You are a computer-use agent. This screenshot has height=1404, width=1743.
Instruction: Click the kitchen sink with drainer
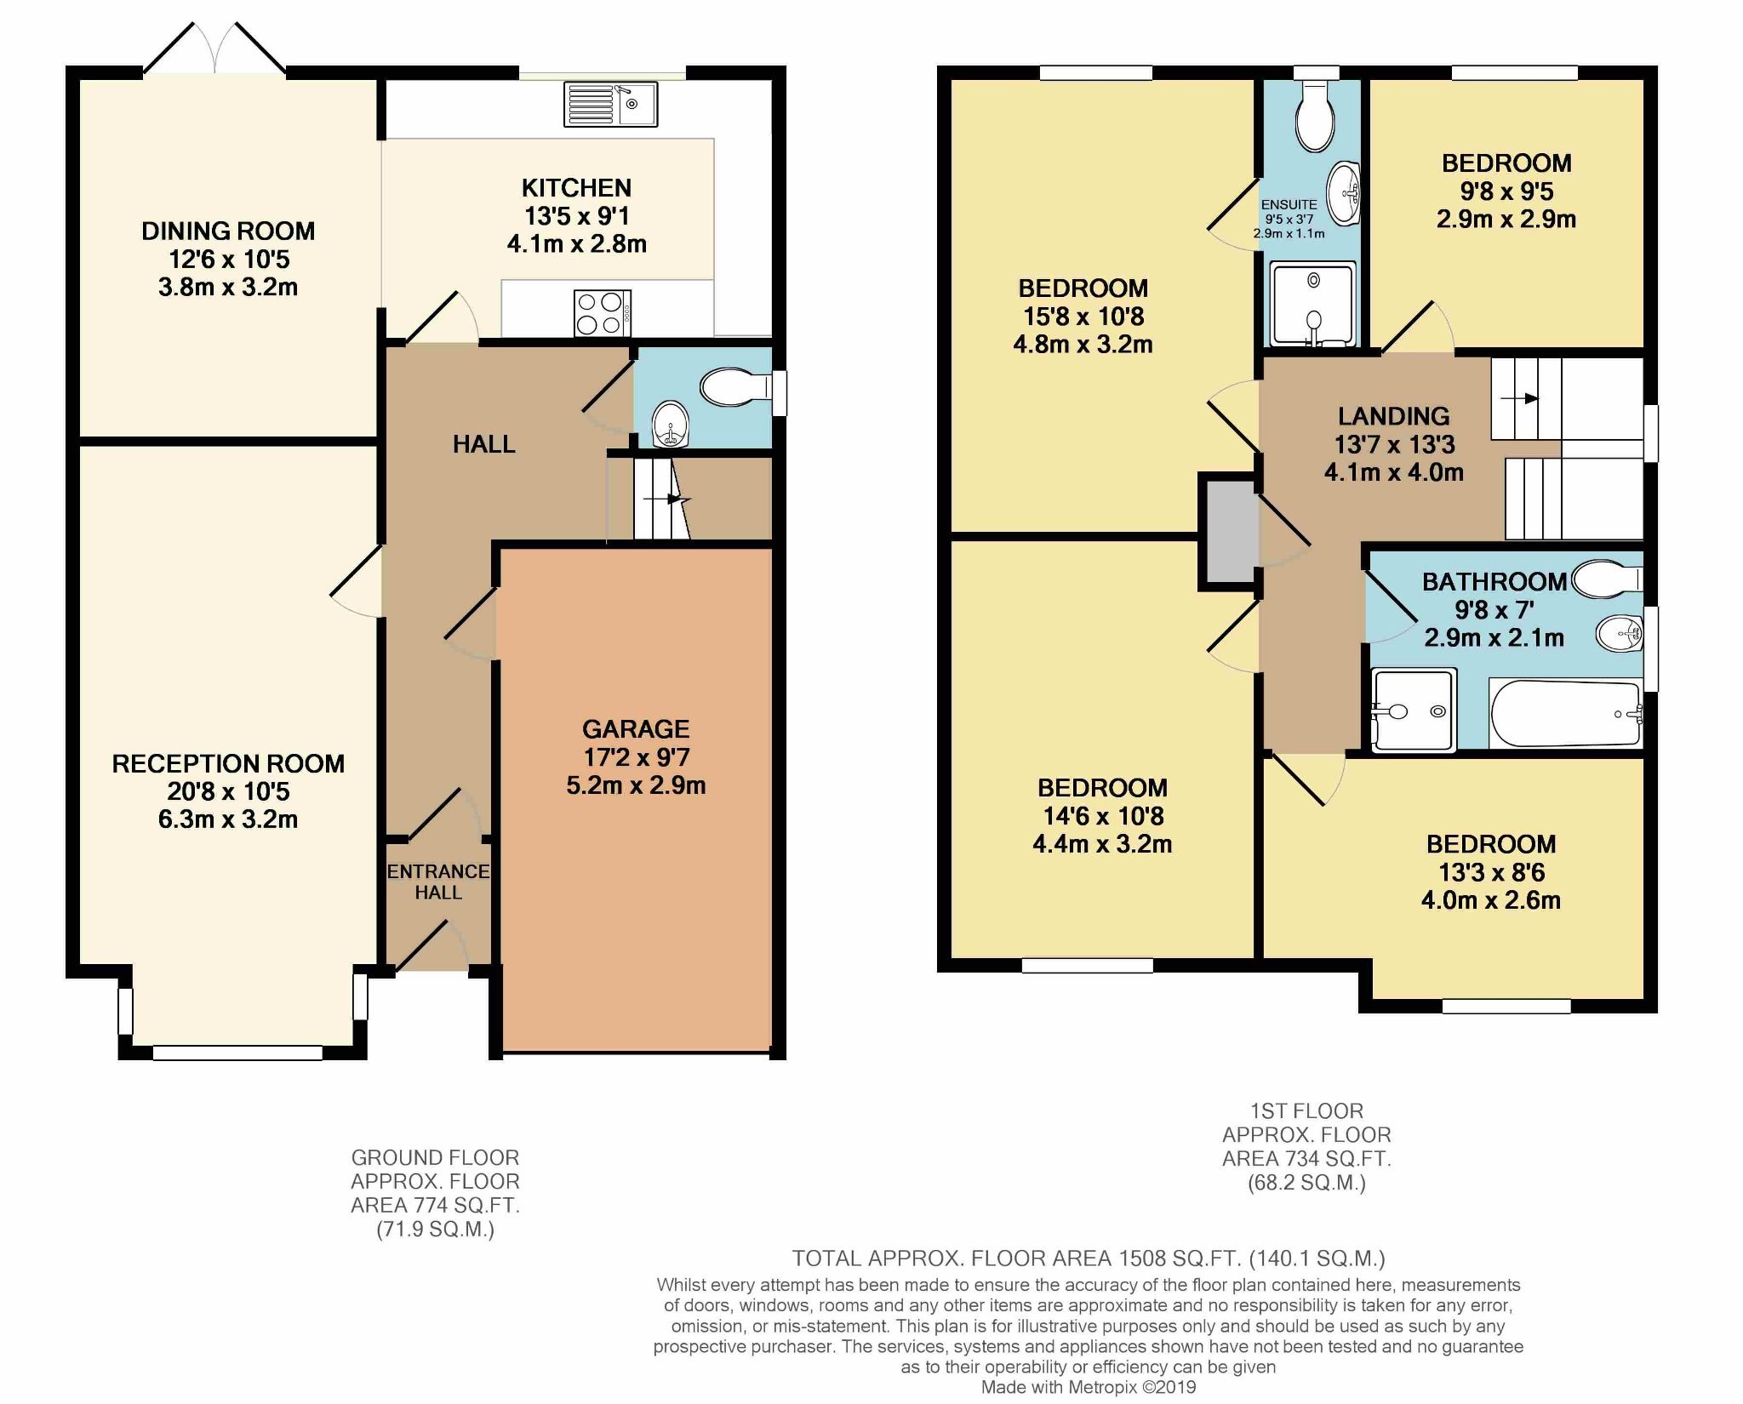(609, 104)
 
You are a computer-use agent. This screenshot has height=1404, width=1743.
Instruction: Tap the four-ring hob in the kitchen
(603, 313)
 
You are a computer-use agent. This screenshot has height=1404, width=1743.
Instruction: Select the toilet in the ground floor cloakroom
(734, 389)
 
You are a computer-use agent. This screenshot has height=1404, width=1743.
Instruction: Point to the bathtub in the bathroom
(1564, 713)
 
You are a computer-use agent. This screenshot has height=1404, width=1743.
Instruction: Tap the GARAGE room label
(635, 728)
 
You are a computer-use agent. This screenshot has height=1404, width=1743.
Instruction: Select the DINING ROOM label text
(228, 231)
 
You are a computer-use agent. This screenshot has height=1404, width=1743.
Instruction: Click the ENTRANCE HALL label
(438, 882)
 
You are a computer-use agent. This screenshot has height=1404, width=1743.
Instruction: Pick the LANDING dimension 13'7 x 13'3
(1394, 444)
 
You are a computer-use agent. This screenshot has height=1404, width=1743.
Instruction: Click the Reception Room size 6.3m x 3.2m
(228, 819)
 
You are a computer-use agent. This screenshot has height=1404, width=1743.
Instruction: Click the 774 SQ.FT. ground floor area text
(435, 1205)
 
